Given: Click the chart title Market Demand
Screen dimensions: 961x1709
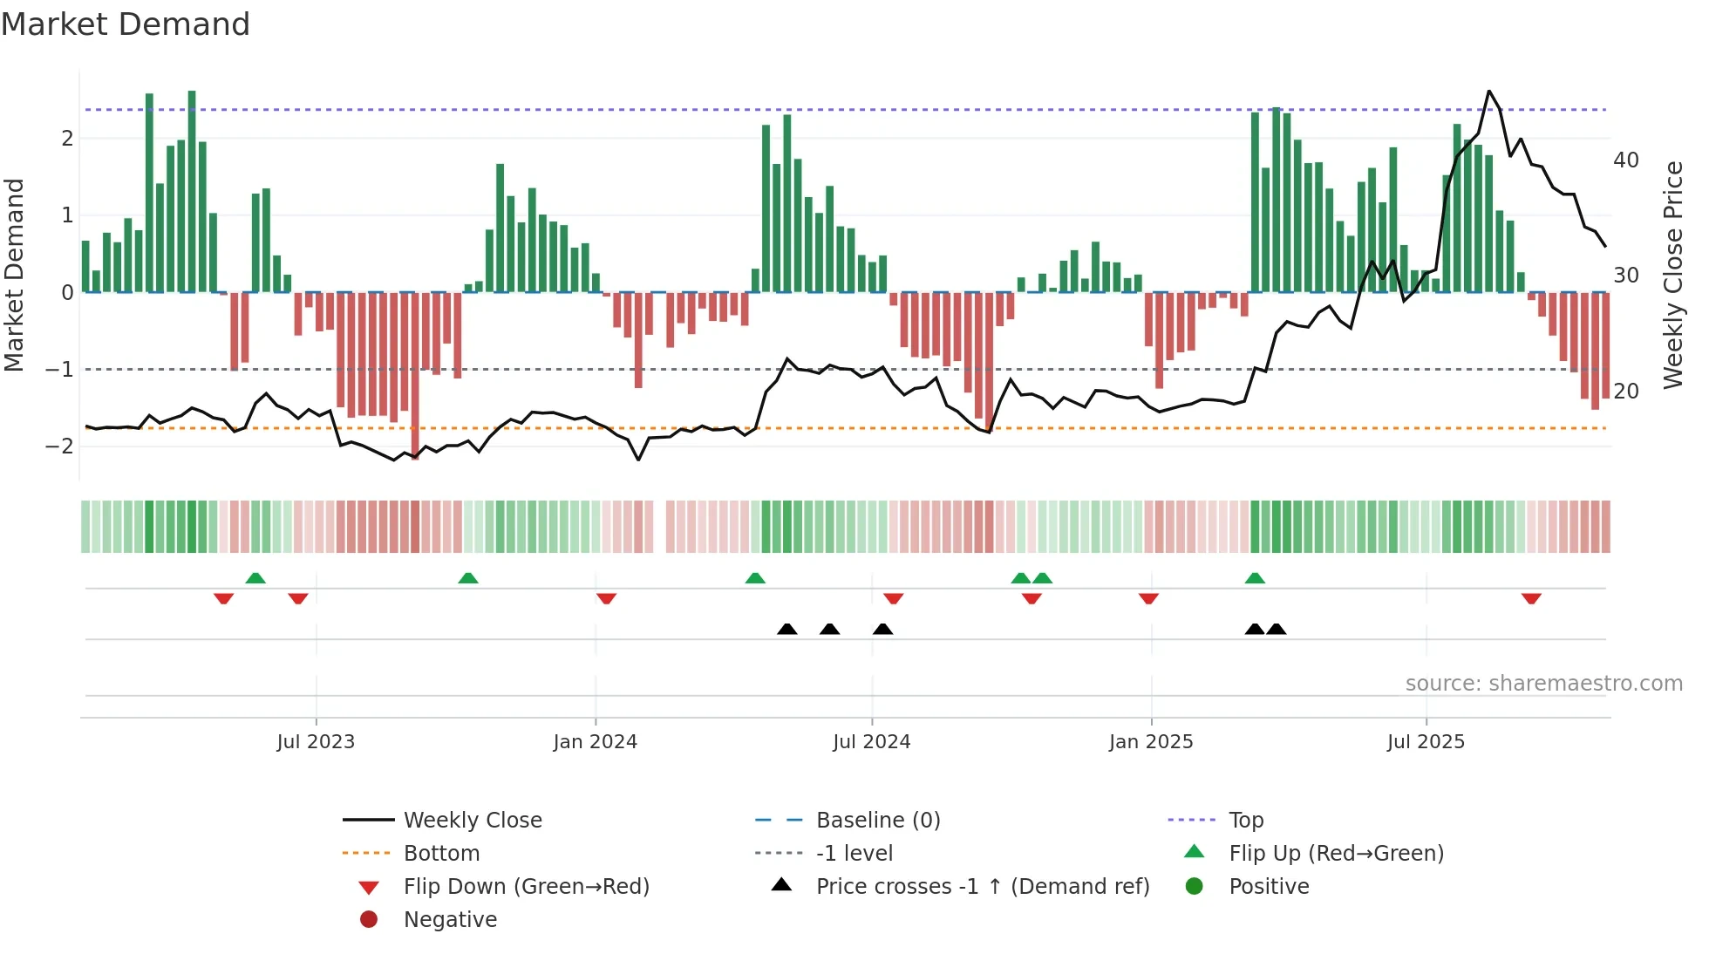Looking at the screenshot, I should pos(126,24).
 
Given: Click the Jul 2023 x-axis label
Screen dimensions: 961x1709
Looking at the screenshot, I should pos(316,742).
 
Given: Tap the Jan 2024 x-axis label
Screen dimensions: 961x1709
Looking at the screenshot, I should pos(596,742).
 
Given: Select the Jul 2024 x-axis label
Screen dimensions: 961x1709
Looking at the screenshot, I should pos(871,742).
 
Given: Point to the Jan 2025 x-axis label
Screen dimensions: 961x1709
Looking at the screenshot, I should pos(1151,742).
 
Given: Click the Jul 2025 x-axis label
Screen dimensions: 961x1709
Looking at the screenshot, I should pos(1426,742).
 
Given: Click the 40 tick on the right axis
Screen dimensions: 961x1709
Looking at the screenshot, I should pos(1625,160).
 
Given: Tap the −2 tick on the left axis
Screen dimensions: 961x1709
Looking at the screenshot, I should pos(59,446).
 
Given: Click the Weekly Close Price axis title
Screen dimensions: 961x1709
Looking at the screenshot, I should pos(1672,275).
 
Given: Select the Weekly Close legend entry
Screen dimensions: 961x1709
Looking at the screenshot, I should pos(472,821).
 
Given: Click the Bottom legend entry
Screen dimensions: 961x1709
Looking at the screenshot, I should pos(441,854).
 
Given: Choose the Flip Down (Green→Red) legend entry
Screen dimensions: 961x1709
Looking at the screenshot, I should pos(526,887).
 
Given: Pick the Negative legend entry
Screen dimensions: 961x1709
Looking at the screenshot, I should pos(450,920).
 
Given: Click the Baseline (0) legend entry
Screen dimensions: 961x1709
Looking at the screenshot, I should pos(877,821).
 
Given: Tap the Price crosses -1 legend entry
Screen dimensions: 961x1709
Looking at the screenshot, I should pos(982,887).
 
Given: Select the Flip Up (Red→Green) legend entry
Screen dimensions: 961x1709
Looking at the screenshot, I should pos(1336,854).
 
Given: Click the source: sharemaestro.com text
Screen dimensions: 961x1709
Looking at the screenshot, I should pos(1543,684).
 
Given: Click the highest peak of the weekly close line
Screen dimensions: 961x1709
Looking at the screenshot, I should pos(1489,92).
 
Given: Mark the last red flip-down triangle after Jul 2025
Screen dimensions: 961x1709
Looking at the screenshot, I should pos(1531,598).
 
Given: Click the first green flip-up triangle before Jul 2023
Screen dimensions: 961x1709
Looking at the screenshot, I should pos(255,578).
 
